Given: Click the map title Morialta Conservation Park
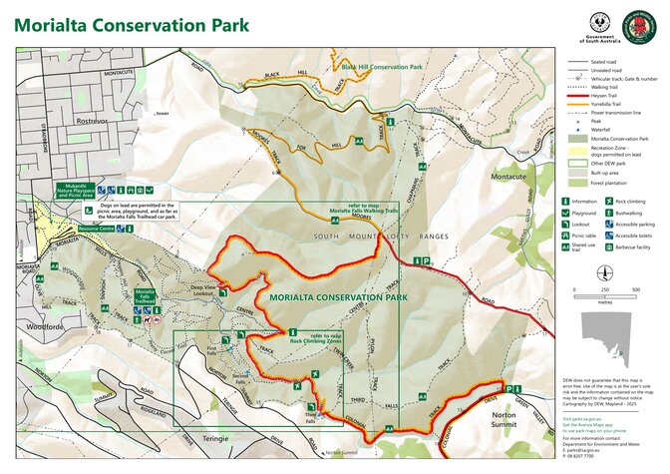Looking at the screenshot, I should click(x=133, y=24).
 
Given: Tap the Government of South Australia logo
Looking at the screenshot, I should click(x=602, y=26).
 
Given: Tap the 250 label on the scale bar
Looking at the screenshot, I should click(x=605, y=290).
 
